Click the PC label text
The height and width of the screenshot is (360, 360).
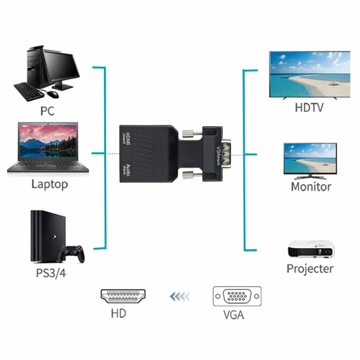tap(47, 111)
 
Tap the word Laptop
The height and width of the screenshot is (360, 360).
tap(49, 185)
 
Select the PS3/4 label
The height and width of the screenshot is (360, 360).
tap(51, 273)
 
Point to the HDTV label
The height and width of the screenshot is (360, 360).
tap(309, 107)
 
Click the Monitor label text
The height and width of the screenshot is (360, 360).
tap(311, 186)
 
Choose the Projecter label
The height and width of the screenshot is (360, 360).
tap(310, 269)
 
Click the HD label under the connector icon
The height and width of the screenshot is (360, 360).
tap(118, 313)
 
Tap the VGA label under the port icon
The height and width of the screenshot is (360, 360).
tap(233, 315)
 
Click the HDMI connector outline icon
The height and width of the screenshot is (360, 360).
tap(123, 296)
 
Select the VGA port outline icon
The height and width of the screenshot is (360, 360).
tap(237, 296)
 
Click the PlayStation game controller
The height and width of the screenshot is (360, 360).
tap(73, 254)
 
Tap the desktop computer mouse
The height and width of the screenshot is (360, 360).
tap(53, 94)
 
